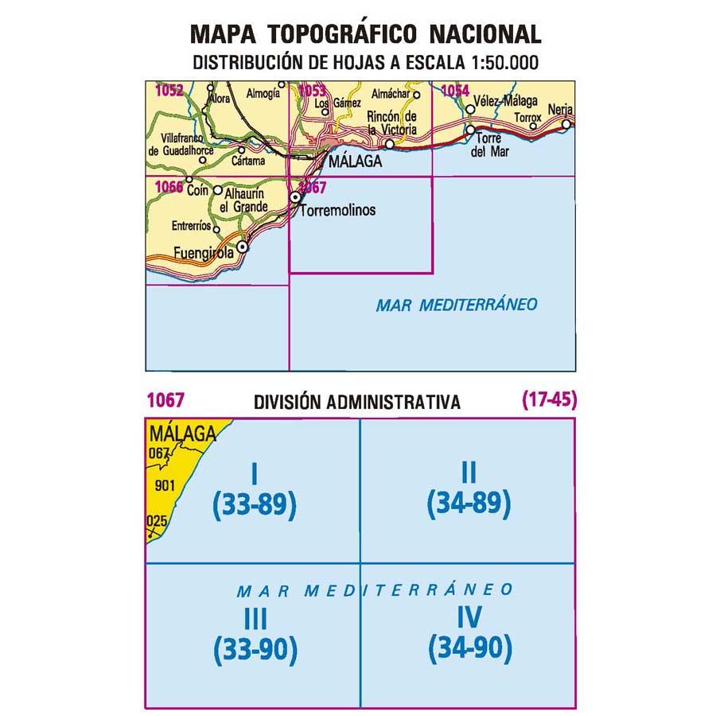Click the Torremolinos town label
click(x=338, y=212)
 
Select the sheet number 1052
click(x=169, y=91)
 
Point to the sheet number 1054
click(x=454, y=91)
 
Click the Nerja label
click(x=560, y=110)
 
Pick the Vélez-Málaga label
click(x=504, y=102)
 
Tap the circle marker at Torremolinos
click(x=295, y=197)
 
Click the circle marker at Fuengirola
click(x=243, y=247)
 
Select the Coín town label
click(x=197, y=190)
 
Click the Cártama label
click(x=247, y=160)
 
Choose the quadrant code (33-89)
click(x=255, y=504)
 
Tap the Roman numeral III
click(x=255, y=618)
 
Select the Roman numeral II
click(x=469, y=473)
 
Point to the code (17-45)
click(x=549, y=401)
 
